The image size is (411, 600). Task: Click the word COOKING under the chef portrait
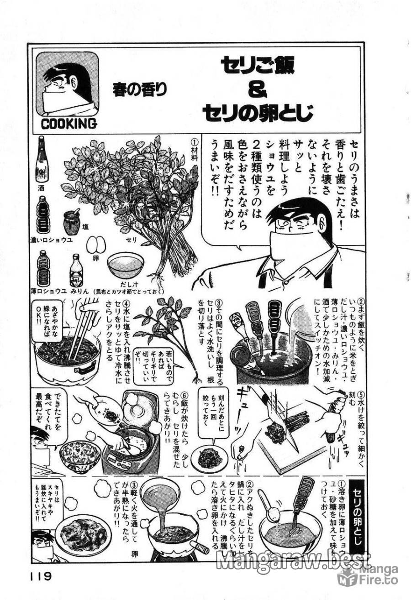[x=68, y=123]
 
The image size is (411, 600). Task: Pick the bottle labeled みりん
[x=76, y=269]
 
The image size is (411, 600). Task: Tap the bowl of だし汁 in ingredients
[x=125, y=264]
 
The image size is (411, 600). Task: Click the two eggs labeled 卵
[x=96, y=245]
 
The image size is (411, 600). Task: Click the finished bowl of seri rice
[x=80, y=454]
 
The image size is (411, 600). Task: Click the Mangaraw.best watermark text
[x=292, y=561]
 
